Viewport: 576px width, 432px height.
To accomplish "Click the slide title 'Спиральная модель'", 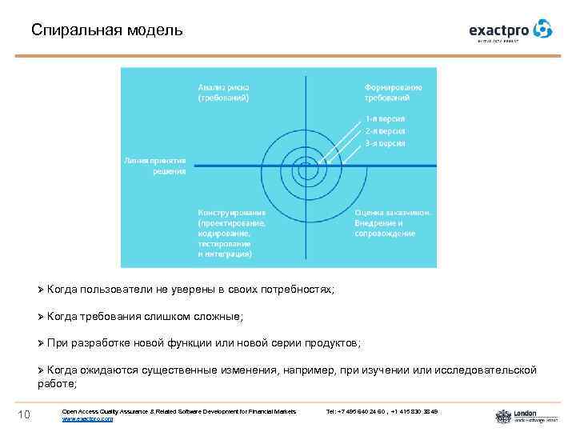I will pyautogui.click(x=106, y=30).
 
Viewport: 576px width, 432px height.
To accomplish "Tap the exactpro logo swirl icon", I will pyautogui.click(x=543, y=30).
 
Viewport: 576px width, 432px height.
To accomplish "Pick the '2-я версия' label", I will pyautogui.click(x=385, y=130).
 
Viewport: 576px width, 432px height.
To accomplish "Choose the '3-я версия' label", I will pyautogui.click(x=385, y=143).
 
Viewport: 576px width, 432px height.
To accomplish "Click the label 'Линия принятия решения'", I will pyautogui.click(x=155, y=165).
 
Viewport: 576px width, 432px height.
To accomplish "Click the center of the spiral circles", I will pyautogui.click(x=304, y=166).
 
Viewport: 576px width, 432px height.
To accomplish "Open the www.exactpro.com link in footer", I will pyautogui.click(x=87, y=418).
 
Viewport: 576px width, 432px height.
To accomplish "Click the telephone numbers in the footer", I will pyautogui.click(x=382, y=411).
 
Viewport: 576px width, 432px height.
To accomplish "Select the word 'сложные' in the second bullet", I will pyautogui.click(x=211, y=317).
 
